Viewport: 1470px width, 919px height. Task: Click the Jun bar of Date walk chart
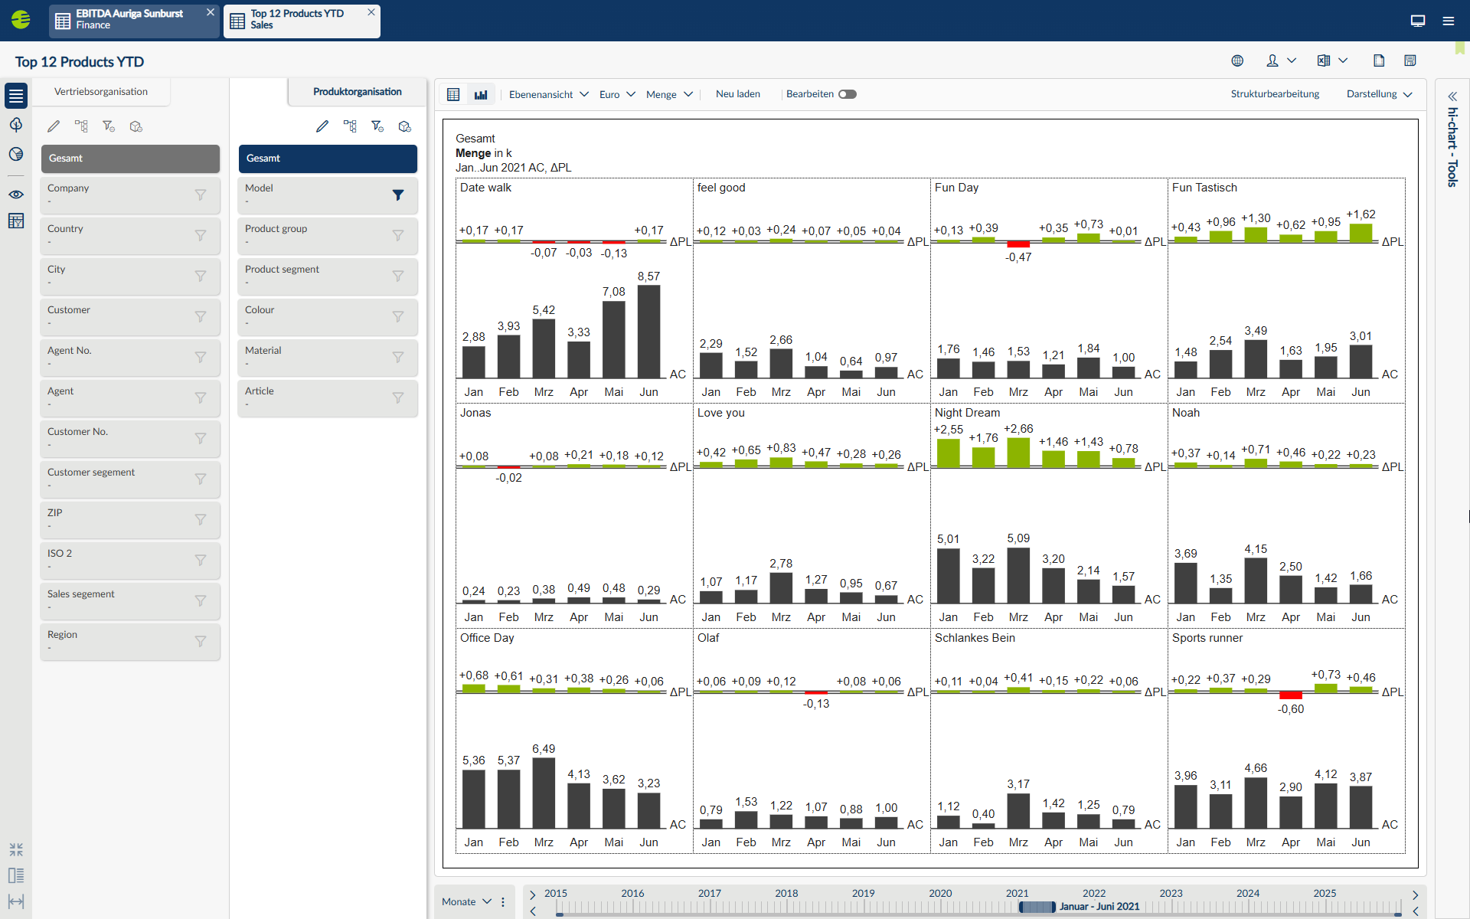point(648,332)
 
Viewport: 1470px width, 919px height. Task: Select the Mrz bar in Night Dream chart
point(1018,575)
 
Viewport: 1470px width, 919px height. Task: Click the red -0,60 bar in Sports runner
point(1291,695)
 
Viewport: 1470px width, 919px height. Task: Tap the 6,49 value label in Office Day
point(544,749)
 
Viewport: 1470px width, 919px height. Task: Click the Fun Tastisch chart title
point(1204,188)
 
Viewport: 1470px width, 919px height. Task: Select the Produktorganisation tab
point(357,92)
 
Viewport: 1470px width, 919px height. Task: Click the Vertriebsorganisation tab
point(101,92)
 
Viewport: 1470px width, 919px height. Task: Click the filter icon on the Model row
point(398,195)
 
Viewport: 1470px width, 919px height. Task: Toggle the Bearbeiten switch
point(847,94)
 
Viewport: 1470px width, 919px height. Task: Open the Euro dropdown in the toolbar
point(617,94)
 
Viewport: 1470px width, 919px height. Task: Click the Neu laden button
point(737,94)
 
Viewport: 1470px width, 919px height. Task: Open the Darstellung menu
point(1379,94)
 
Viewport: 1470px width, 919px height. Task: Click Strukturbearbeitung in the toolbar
point(1275,94)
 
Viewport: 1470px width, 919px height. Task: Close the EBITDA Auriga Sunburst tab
point(211,12)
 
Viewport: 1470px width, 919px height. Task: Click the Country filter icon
point(201,236)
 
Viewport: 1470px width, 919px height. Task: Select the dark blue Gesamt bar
point(328,159)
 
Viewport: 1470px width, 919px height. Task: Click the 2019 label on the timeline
point(863,893)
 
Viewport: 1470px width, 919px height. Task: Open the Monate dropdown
point(466,901)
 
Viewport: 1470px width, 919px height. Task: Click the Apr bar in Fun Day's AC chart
point(1053,371)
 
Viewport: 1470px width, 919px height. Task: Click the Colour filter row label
point(260,310)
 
